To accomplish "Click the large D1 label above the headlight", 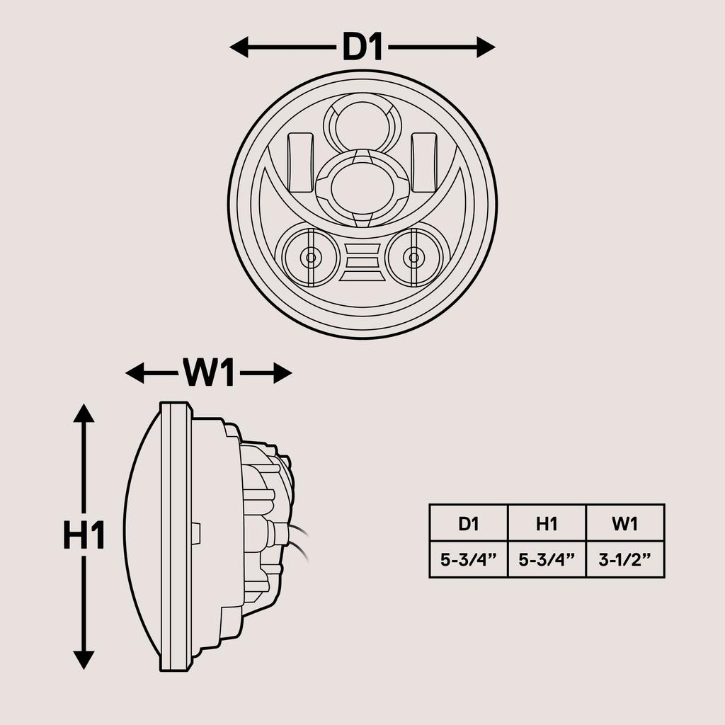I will pos(362,47).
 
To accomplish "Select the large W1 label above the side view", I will pos(208,373).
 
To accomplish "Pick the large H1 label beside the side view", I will pos(84,536).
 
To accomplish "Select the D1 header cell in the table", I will pos(469,523).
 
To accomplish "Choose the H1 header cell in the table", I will pos(547,523).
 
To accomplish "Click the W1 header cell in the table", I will pos(625,523).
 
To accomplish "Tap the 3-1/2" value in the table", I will pos(625,560).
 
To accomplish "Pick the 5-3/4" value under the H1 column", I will pos(547,560).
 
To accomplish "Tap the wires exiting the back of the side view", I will pos(300,542).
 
